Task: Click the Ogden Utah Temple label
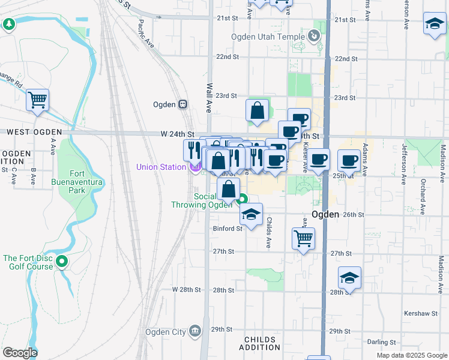pos(268,37)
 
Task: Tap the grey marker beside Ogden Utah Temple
pos(314,37)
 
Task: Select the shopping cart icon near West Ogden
pos(37,100)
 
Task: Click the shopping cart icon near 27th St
pos(304,238)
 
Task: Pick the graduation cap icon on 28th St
pos(349,277)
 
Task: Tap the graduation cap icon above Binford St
pos(251,214)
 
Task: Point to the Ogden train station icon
pos(183,104)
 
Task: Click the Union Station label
pos(161,167)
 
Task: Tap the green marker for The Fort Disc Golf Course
pos(62,262)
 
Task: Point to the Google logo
pos(20,353)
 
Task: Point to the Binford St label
pos(227,228)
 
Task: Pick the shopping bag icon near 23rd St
pos(257,110)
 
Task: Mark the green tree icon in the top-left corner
pos(9,24)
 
